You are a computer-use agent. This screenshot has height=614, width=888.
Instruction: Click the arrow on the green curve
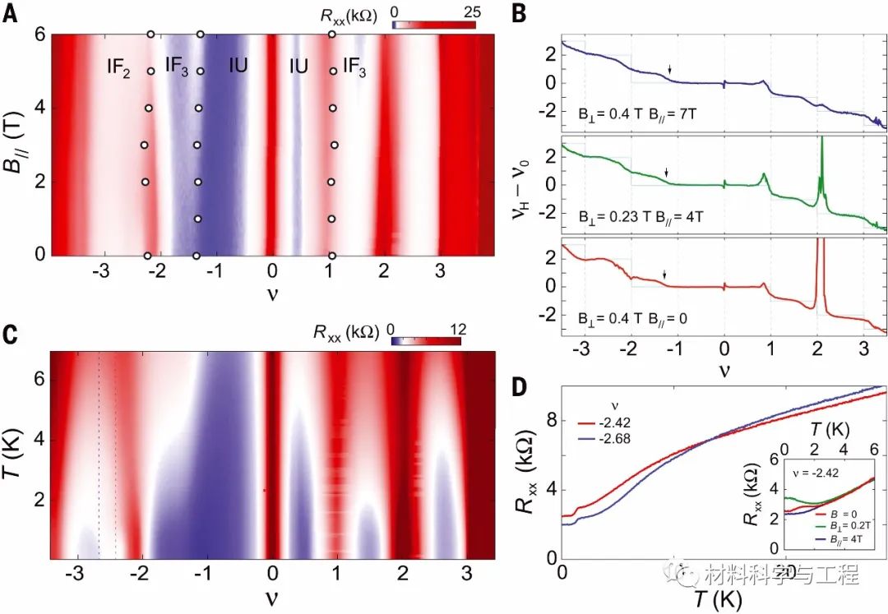point(666,172)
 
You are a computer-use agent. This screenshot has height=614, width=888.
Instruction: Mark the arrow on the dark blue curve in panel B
point(669,70)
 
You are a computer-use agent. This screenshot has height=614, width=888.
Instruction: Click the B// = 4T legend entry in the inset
point(830,538)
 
